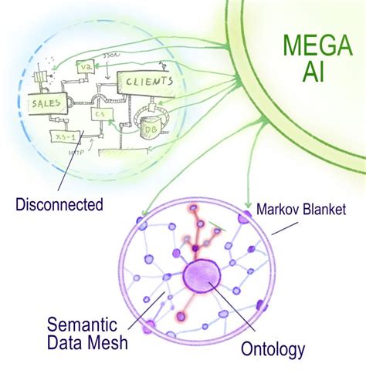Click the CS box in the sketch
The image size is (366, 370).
[100, 115]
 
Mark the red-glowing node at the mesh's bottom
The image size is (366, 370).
[181, 317]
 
